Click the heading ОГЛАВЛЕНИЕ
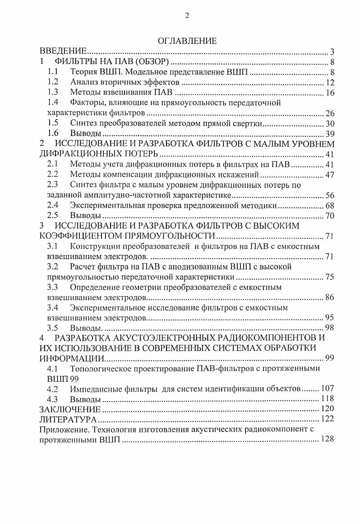pos(187,41)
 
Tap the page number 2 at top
pos(187,16)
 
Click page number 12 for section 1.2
pos(329,83)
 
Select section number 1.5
pos(53,123)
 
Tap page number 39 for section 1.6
pos(329,134)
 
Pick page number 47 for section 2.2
pos(329,175)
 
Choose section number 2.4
pos(53,206)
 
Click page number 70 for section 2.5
pos(329,216)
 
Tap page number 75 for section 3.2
pos(329,277)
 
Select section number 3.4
pos(53,308)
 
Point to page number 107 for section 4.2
pos(327,389)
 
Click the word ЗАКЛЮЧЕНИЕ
pos(69,409)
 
